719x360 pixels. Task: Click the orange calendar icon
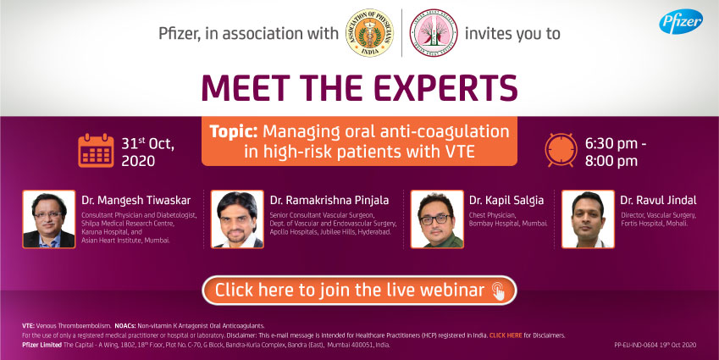click(95, 150)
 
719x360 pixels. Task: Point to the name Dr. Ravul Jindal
click(658, 200)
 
